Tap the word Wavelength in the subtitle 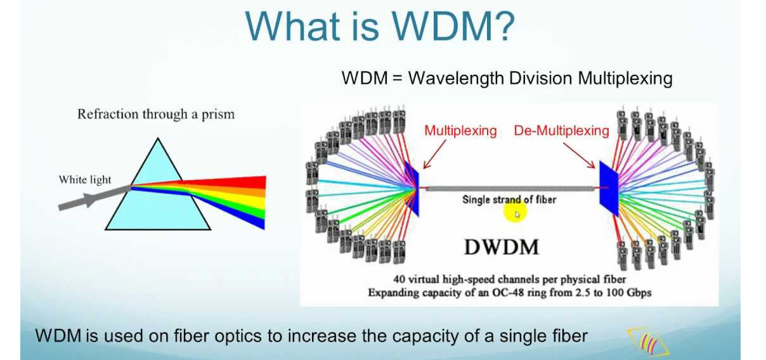pyautogui.click(x=456, y=79)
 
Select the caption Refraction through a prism pyautogui.click(x=156, y=114)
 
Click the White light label pyautogui.click(x=85, y=179)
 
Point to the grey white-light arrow pyautogui.click(x=94, y=198)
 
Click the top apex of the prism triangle pyautogui.click(x=158, y=138)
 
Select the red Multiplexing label pyautogui.click(x=460, y=131)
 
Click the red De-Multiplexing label pyautogui.click(x=562, y=131)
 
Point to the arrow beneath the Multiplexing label pyautogui.click(x=434, y=155)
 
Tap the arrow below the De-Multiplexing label pyautogui.click(x=580, y=155)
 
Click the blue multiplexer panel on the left pyautogui.click(x=412, y=188)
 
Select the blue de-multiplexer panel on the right pyautogui.click(x=609, y=188)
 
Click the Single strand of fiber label pyautogui.click(x=509, y=200)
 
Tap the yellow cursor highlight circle pyautogui.click(x=516, y=213)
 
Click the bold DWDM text pyautogui.click(x=502, y=247)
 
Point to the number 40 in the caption pyautogui.click(x=399, y=280)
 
